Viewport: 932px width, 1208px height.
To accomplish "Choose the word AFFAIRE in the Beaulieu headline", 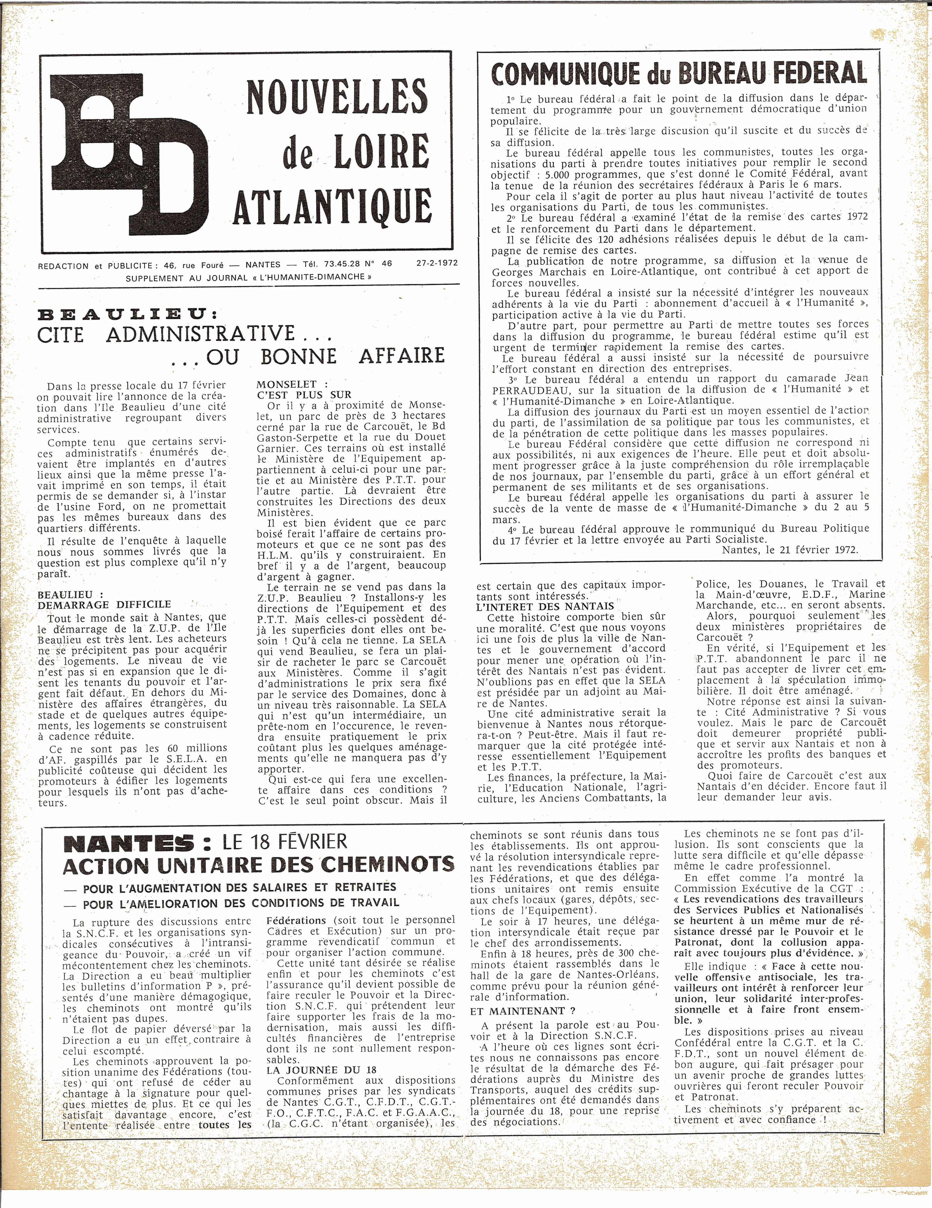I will pos(402,356).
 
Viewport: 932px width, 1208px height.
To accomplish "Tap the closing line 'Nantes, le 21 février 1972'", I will pos(790,550).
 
